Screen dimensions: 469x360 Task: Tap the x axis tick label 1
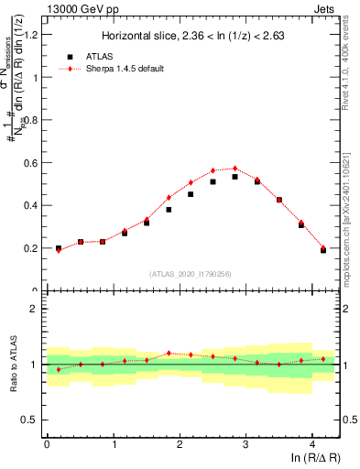point(113,445)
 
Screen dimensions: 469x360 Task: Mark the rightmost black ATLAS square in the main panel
point(323,250)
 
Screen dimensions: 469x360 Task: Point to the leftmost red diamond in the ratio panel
point(59,370)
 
